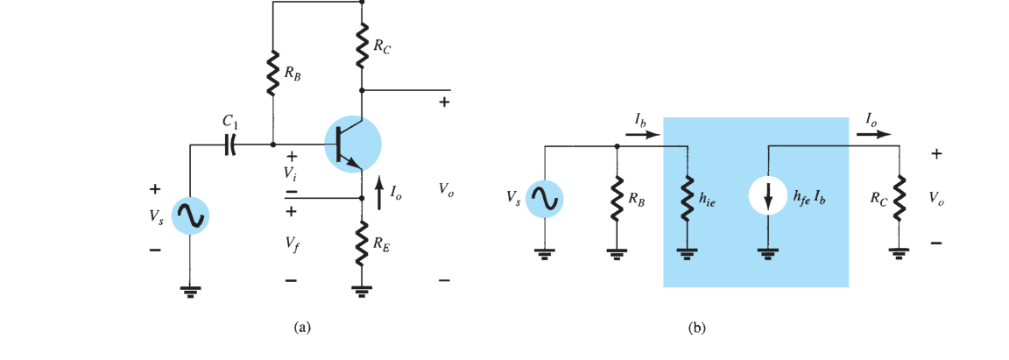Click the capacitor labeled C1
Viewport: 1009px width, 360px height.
[x=230, y=145]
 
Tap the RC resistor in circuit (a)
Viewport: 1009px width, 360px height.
[x=363, y=45]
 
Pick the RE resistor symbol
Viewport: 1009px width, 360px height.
[x=363, y=242]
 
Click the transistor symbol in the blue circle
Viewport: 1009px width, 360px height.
[x=353, y=145]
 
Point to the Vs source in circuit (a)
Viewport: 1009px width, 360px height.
[x=190, y=216]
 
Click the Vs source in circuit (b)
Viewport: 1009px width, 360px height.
[x=545, y=198]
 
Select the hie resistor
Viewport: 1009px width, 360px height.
[x=688, y=197]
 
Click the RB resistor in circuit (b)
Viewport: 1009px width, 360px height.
[x=617, y=197]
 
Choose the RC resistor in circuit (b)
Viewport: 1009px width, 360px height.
[x=899, y=197]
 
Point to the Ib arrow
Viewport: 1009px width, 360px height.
[x=644, y=135]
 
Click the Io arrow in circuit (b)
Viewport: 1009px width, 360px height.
[x=874, y=135]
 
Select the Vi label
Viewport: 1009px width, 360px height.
[x=293, y=173]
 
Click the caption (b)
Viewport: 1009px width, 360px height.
[x=697, y=328]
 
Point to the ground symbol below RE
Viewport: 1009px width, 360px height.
[x=363, y=291]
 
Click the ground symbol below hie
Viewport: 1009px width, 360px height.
[x=688, y=254]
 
